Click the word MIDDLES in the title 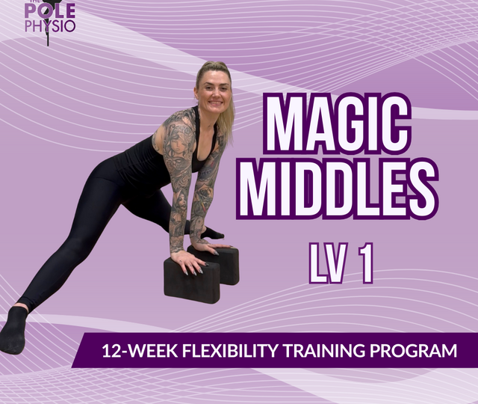[338, 186]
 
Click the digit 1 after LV [366, 263]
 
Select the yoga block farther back [224, 263]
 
